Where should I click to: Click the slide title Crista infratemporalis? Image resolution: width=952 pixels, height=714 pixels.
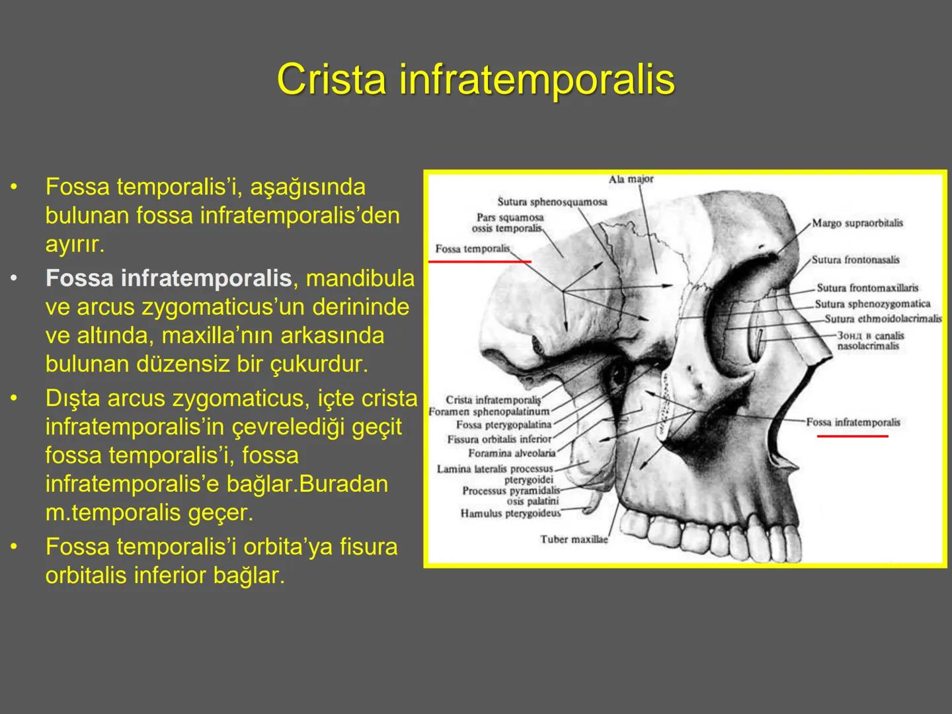pyautogui.click(x=475, y=79)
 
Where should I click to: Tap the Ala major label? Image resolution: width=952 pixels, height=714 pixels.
pyautogui.click(x=631, y=179)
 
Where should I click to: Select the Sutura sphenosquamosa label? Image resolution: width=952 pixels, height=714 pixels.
pyautogui.click(x=552, y=202)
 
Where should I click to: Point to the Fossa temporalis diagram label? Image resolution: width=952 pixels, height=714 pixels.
pyautogui.click(x=473, y=249)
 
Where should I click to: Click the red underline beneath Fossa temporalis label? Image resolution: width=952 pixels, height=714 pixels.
pyautogui.click(x=480, y=262)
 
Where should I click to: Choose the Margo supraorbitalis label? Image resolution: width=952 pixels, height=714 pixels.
pyautogui.click(x=857, y=223)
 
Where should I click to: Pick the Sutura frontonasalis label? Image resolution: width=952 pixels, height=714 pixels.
pyautogui.click(x=855, y=260)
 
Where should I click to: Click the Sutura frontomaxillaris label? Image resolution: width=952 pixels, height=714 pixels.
pyautogui.click(x=867, y=288)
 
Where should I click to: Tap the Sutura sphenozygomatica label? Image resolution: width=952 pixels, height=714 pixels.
pyautogui.click(x=872, y=304)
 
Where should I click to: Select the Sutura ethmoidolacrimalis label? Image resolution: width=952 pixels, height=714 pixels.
pyautogui.click(x=883, y=319)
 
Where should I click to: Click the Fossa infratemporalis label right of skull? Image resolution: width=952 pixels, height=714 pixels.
pyautogui.click(x=853, y=422)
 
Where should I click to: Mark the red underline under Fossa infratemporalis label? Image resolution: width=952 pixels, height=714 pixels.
pyautogui.click(x=852, y=436)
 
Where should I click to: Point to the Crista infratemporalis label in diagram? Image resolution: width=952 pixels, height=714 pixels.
pyautogui.click(x=493, y=400)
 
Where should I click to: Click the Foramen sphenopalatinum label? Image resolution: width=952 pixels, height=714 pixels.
pyautogui.click(x=489, y=412)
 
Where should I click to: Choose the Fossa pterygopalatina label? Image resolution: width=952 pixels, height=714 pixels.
pyautogui.click(x=503, y=425)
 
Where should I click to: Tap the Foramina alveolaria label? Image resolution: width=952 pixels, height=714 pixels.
pyautogui.click(x=512, y=454)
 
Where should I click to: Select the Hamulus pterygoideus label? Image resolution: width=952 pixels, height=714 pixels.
pyautogui.click(x=510, y=514)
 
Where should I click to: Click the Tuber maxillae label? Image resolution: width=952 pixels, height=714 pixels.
pyautogui.click(x=573, y=539)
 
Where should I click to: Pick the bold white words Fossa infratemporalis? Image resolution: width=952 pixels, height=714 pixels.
pyautogui.click(x=169, y=278)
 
